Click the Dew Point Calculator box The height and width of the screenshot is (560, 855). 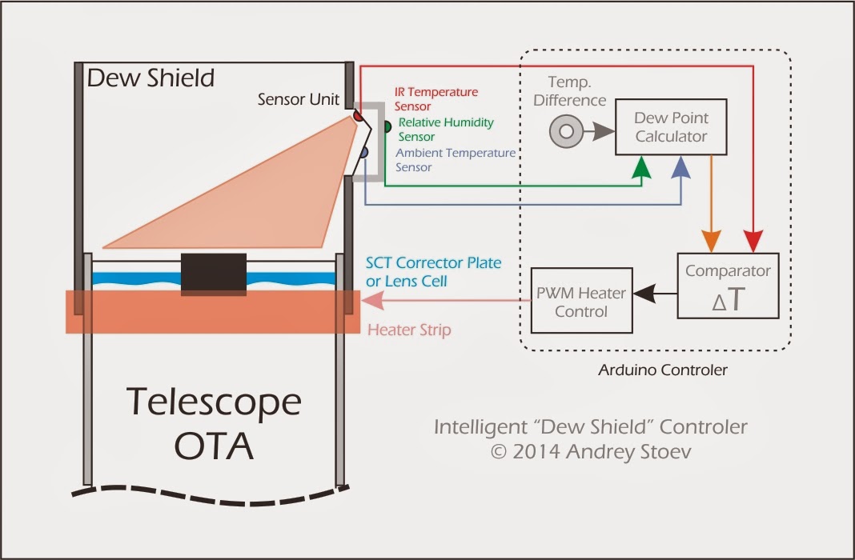671,127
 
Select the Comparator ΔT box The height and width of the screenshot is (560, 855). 728,286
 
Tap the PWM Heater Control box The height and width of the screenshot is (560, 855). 581,300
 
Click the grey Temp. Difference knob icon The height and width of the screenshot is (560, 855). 566,131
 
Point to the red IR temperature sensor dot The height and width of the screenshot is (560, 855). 358,117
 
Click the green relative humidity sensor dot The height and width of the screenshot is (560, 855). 387,126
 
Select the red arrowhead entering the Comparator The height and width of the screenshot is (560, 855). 753,241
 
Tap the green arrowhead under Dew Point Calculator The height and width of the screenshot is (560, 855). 641,167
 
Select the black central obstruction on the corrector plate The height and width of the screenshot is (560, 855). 213,274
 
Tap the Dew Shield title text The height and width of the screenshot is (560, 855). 151,78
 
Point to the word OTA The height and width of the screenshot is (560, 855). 213,446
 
